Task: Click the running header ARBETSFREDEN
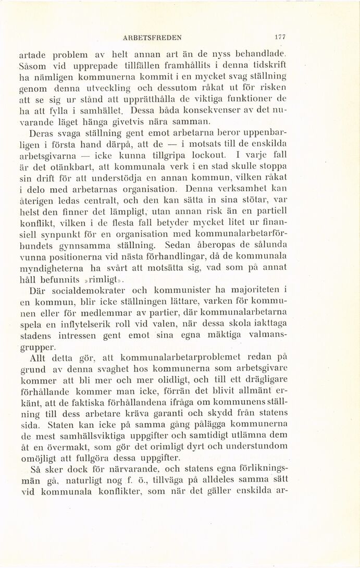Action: [x=152, y=37]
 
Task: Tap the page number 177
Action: [x=280, y=37]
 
